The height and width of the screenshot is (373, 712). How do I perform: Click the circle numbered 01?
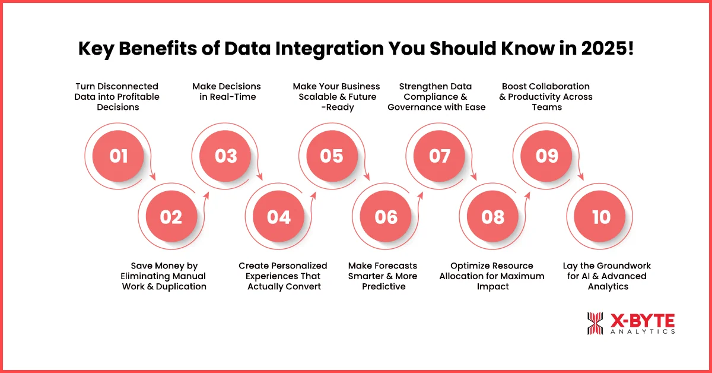119,156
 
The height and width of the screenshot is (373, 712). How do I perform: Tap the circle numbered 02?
171,217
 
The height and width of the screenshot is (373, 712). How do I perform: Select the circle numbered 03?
225,156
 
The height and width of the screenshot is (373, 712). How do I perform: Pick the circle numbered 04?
279,217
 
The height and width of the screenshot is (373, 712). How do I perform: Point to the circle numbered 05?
332,156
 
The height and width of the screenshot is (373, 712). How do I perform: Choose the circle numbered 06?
386,217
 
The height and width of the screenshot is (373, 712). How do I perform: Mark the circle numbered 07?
440,156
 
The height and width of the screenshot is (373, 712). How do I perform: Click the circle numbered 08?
493,217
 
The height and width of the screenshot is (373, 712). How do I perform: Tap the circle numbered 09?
547,156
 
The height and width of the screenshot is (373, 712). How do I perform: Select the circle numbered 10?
600,217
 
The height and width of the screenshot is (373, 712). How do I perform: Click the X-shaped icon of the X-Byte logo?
595,323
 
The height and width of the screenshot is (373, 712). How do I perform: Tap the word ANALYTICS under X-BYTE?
642,332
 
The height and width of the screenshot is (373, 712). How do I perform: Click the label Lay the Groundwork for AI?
607,276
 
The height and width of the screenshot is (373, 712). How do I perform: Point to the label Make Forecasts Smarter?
383,276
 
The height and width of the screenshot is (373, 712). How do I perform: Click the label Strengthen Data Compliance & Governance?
437,97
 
